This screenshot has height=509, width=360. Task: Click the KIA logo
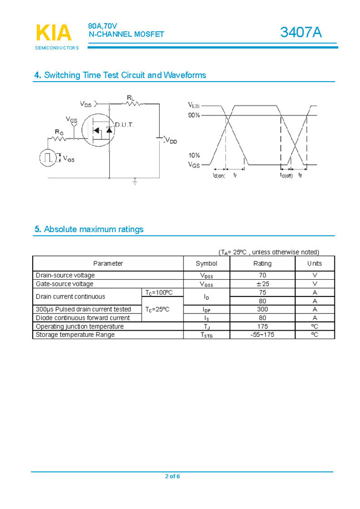(x=54, y=33)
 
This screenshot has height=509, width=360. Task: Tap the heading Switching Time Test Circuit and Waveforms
(x=120, y=75)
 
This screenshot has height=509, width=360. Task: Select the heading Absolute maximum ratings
(x=89, y=229)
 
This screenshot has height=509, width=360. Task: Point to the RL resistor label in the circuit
(x=130, y=98)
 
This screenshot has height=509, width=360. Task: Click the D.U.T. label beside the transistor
(x=124, y=124)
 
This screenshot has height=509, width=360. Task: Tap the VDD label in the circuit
(x=171, y=141)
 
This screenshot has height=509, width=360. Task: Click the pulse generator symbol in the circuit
(x=48, y=157)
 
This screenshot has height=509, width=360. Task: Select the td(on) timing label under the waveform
(x=219, y=175)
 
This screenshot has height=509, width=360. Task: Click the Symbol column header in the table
(x=206, y=263)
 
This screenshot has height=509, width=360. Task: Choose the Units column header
(x=315, y=263)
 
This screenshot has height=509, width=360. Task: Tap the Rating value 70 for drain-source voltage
(x=262, y=275)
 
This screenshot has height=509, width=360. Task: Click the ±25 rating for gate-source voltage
(x=262, y=284)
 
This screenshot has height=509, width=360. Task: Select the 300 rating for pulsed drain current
(x=262, y=309)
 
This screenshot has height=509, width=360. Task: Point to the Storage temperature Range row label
(x=75, y=335)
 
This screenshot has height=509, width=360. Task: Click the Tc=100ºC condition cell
(x=159, y=293)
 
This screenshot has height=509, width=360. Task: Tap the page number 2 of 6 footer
(x=173, y=476)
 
